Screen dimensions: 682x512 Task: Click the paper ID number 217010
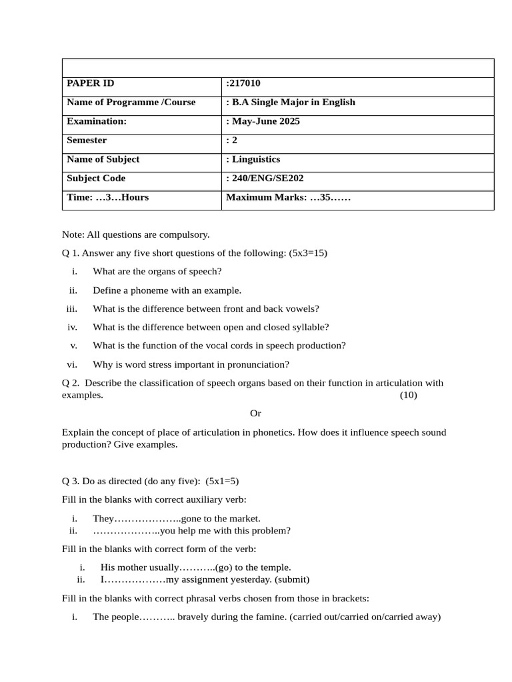coord(245,83)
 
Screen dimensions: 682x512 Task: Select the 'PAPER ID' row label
coord(91,83)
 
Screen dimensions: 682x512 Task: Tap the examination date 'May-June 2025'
coord(265,121)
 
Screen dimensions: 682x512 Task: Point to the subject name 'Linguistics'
coord(255,159)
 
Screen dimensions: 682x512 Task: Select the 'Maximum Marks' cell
coord(288,197)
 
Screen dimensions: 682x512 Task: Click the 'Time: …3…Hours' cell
coord(108,197)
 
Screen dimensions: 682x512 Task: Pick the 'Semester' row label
coord(87,141)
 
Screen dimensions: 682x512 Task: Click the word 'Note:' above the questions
coord(73,234)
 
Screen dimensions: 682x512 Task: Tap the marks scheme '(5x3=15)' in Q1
coord(309,253)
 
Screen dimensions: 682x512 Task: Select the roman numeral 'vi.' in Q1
coord(73,364)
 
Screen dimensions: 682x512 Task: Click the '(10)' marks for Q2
coord(408,395)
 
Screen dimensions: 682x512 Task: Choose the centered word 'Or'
coord(256,414)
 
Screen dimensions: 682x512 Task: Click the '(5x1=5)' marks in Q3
coord(222,480)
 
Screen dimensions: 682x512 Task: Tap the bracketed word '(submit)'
coord(292,579)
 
